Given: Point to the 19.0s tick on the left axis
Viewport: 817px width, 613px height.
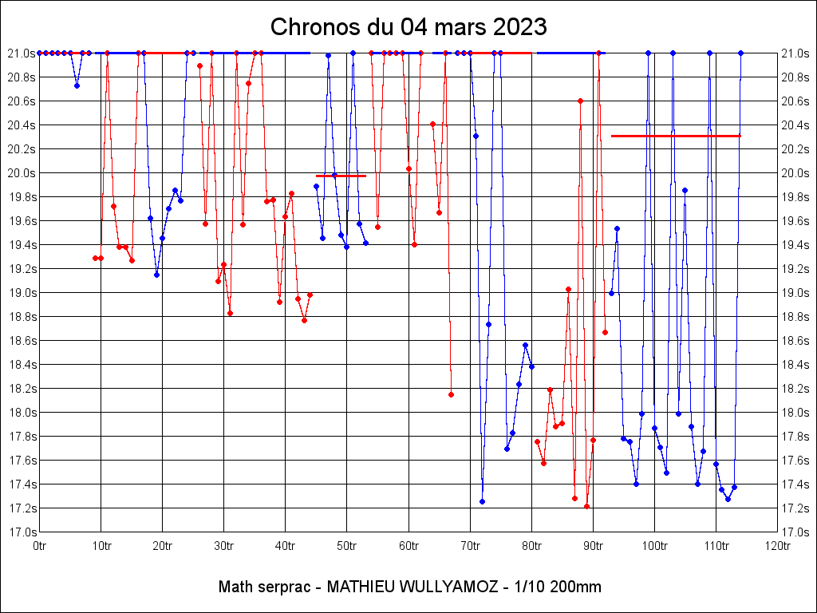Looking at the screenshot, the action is click(22, 293).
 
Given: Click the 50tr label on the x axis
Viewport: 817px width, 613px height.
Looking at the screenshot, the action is click(346, 546).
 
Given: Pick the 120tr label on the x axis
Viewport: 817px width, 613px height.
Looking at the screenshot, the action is click(777, 546).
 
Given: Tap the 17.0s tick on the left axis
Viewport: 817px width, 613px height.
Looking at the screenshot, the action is click(22, 532).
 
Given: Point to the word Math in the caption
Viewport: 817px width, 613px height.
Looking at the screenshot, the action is click(235, 587).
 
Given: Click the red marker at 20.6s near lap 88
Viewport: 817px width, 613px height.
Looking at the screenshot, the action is click(581, 101).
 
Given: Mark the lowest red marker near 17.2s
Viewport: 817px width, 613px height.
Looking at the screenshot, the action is click(586, 507).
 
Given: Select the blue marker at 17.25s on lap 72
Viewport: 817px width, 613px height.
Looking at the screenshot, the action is click(482, 502).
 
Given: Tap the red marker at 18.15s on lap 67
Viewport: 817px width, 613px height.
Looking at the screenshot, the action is click(452, 394).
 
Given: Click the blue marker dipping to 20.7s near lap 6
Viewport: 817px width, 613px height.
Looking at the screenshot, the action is click(77, 86).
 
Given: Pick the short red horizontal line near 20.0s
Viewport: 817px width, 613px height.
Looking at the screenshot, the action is click(341, 176).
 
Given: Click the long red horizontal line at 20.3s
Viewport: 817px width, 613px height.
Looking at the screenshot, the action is click(676, 136).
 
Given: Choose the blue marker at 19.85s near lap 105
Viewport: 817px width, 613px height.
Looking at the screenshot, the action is click(685, 191).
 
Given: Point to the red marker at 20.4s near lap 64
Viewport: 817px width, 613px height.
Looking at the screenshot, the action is click(432, 124).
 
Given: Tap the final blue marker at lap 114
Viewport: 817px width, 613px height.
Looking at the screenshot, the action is click(740, 53).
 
